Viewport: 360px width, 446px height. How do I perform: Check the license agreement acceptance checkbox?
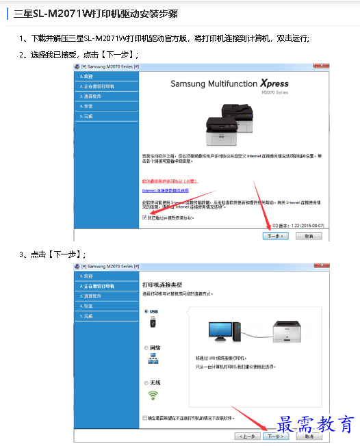(x=144, y=218)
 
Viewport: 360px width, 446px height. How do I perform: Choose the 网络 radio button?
(x=146, y=347)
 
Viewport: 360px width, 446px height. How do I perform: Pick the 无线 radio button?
(x=146, y=382)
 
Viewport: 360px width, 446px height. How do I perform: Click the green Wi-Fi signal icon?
(x=153, y=395)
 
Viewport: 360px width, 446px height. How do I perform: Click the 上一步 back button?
(x=247, y=436)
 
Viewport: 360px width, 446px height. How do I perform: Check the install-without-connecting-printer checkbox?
(x=144, y=417)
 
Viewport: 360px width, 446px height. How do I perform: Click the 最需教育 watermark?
(x=316, y=425)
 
